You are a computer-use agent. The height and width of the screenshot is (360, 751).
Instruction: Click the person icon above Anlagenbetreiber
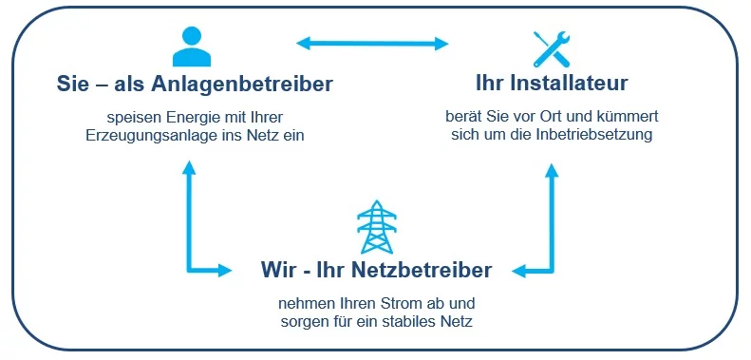(x=192, y=47)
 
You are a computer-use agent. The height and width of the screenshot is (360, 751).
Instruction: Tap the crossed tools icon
(x=552, y=48)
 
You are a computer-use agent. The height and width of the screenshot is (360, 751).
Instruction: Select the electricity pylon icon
(x=377, y=227)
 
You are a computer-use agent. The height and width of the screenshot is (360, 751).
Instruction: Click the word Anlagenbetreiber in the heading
(x=242, y=85)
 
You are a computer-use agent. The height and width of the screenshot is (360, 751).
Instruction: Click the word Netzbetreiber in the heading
(x=422, y=271)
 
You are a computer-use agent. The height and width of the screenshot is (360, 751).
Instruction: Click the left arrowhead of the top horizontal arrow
(x=305, y=44)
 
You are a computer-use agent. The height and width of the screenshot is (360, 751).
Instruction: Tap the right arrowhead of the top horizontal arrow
(x=441, y=44)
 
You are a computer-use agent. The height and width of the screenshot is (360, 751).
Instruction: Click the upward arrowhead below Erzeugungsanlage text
(x=189, y=168)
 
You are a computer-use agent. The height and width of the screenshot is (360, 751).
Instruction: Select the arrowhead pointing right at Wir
(x=225, y=271)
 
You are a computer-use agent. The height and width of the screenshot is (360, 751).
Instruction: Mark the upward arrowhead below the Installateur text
(x=552, y=171)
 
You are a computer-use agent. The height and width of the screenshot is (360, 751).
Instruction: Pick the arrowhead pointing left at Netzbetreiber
(x=519, y=272)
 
